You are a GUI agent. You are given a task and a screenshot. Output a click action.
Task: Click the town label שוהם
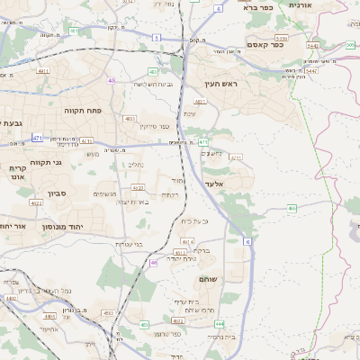coord(208,279)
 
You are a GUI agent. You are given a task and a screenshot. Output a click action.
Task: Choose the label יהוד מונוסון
coord(86,226)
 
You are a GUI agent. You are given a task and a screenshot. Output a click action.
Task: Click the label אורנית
coord(299,5)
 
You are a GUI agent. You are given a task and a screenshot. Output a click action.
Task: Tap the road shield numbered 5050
coord(282,39)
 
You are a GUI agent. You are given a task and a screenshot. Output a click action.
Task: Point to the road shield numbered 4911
coord(43,69)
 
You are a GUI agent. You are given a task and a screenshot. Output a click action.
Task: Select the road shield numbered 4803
coord(130,118)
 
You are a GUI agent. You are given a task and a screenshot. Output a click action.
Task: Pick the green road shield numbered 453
coord(143,324)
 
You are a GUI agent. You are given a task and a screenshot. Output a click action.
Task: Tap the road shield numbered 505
coord(351,45)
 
